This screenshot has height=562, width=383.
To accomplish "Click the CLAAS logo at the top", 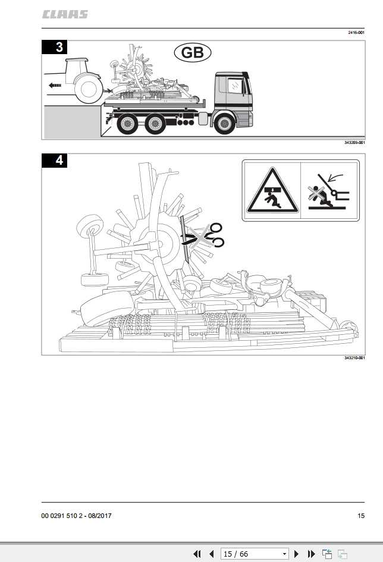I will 65,14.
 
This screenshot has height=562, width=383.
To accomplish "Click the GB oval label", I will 193,53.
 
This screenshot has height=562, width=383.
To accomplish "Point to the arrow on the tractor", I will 55,86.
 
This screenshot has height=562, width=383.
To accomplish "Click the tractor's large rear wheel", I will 89,89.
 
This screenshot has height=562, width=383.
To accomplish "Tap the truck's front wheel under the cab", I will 224,123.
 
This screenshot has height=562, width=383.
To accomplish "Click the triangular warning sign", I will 272,191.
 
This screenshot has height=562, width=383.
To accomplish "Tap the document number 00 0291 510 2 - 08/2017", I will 76,516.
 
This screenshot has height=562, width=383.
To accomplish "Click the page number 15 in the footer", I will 361,516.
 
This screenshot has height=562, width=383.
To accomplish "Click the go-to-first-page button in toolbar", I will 197,554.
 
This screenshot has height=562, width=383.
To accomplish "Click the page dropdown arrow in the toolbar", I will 284,554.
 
